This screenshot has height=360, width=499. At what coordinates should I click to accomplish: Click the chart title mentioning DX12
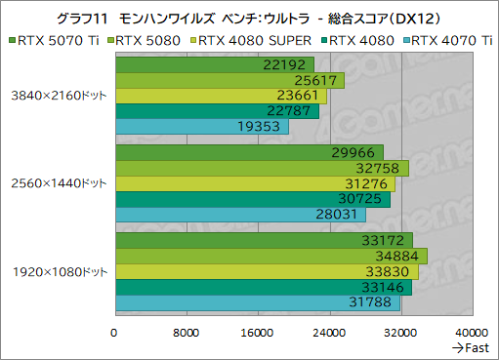pos(249,17)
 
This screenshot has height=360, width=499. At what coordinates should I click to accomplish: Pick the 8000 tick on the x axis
pos(186,332)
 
